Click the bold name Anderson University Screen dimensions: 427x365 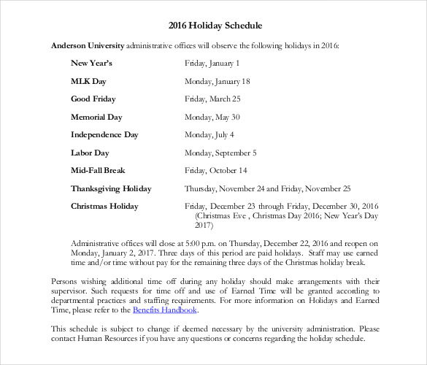pos(88,45)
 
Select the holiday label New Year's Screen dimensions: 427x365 pos(91,64)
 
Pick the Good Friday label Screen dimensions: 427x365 pos(93,99)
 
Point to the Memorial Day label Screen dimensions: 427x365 pos(95,117)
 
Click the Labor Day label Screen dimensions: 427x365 pos(90,153)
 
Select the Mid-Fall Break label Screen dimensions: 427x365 pos(98,170)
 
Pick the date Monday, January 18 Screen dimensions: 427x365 pos(218,81)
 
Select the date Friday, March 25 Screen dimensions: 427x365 pos(212,99)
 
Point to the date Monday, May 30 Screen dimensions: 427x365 pos(212,117)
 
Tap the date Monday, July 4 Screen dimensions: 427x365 pos(209,134)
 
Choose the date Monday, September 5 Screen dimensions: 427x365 pos(220,153)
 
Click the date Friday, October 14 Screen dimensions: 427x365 pos(215,170)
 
